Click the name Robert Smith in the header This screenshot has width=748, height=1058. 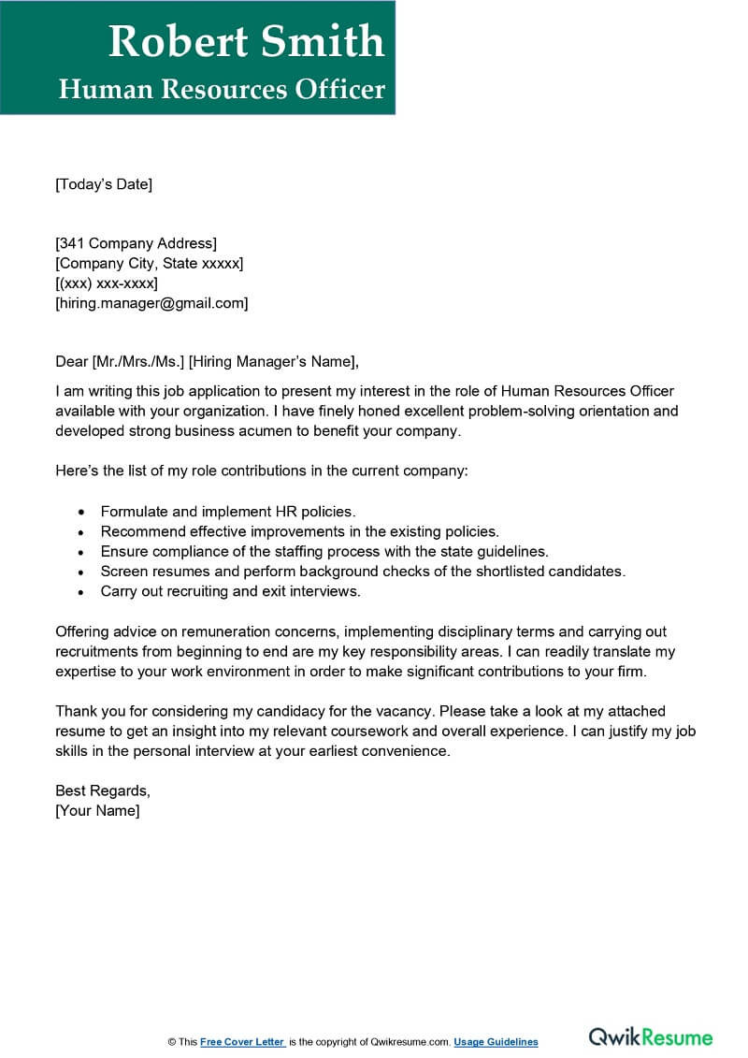246,41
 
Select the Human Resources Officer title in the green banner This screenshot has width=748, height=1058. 222,89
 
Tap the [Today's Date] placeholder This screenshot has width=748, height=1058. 103,184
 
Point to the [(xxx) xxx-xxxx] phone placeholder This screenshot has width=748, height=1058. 107,283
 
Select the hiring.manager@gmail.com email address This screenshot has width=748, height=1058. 151,303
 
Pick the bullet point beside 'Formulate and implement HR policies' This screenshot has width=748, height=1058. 81,513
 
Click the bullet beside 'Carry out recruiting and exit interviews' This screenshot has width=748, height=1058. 81,592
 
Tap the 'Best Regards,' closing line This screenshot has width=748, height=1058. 103,791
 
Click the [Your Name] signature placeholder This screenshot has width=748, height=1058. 98,811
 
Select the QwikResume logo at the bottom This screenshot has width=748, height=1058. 650,1037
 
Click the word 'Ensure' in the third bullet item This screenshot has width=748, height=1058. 124,552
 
